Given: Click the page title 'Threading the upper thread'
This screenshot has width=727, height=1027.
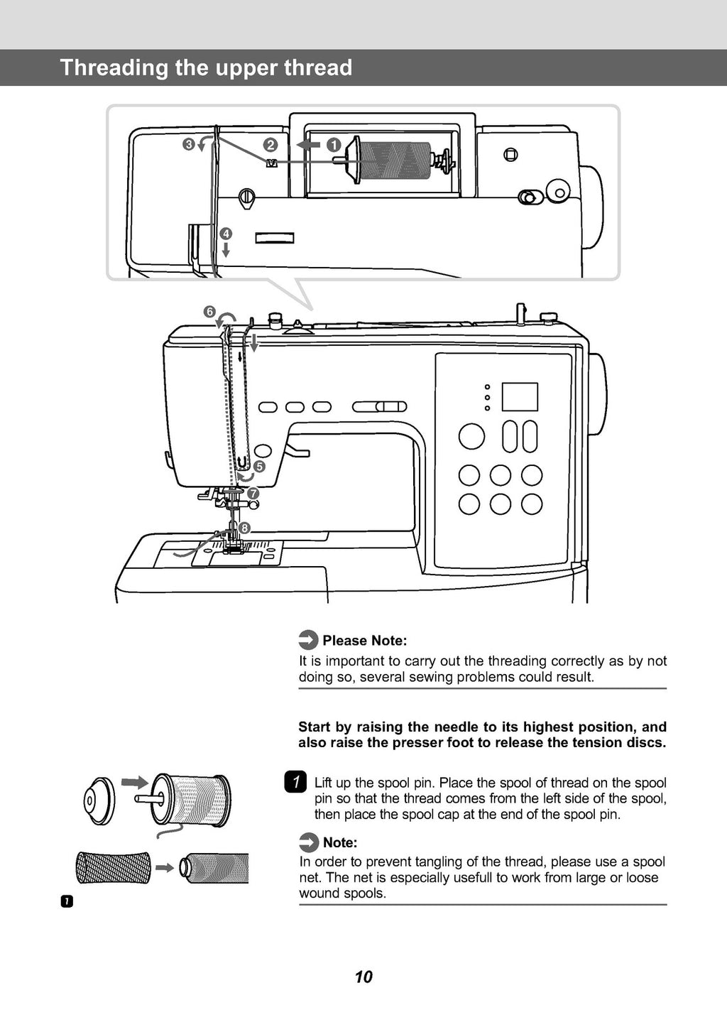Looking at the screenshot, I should [x=206, y=67].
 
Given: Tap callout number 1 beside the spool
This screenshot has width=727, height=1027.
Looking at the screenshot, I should [x=333, y=145].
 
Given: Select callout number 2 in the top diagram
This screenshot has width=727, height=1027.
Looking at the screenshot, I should [x=270, y=145].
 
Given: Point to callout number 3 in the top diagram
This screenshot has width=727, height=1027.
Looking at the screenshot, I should [x=189, y=145].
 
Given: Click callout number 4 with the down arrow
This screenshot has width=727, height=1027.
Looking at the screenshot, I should [x=226, y=234].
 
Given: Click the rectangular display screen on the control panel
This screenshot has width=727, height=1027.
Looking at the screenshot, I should [x=520, y=397].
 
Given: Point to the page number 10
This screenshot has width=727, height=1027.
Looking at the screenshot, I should [x=363, y=977].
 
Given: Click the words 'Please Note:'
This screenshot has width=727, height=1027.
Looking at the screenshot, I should [x=364, y=641].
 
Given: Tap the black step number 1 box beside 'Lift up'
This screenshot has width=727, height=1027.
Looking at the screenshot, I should [x=295, y=782].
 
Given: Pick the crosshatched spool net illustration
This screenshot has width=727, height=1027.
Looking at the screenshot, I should [x=114, y=867].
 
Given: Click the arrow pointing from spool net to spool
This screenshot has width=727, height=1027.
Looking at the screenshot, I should [x=165, y=868].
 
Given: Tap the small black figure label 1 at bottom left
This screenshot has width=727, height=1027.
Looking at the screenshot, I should [x=66, y=902].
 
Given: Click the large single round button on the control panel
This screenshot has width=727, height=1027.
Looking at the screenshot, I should [x=471, y=436].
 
